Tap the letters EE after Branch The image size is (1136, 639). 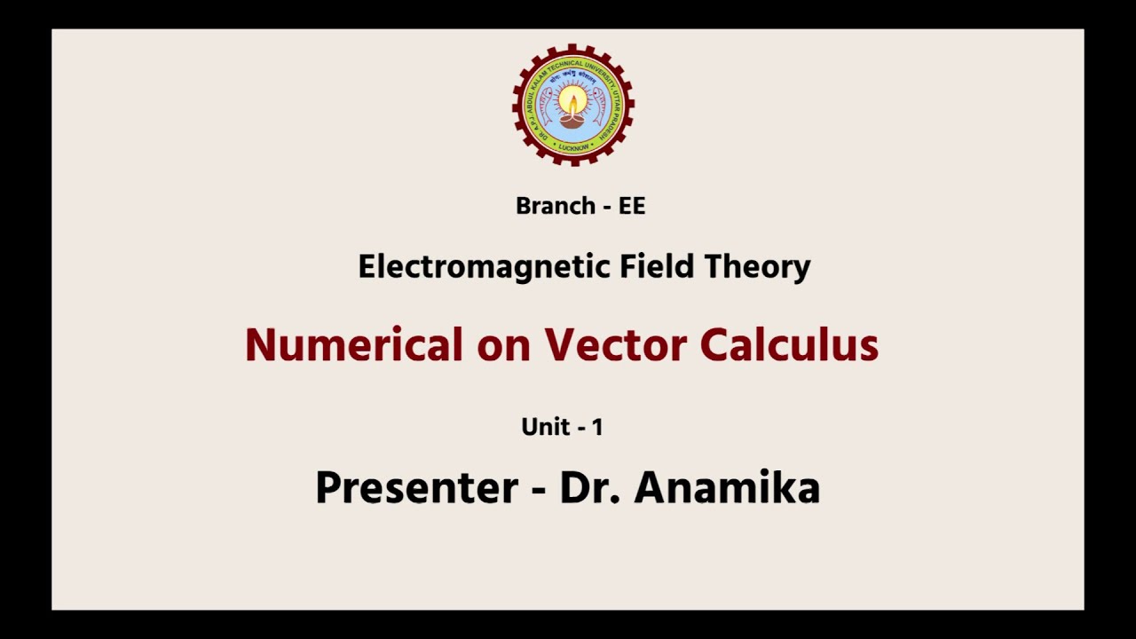[x=632, y=206]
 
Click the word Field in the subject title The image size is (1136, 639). [x=652, y=266]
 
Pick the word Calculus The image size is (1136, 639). [x=789, y=344]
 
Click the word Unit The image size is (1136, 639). [x=545, y=427]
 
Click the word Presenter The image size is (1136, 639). [x=416, y=487]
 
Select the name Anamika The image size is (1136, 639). [x=727, y=487]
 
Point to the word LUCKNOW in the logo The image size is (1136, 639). [x=572, y=147]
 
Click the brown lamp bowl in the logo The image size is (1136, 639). [x=572, y=120]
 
